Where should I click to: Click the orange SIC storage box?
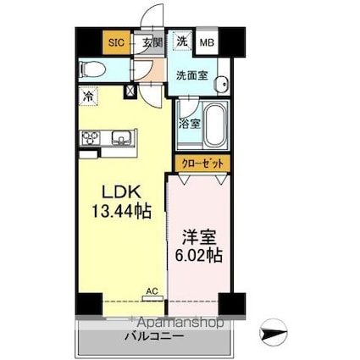[117, 42]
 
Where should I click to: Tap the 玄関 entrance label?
[152, 42]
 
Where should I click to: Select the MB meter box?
[207, 42]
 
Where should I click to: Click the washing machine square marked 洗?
[182, 41]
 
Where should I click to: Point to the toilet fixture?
[92, 69]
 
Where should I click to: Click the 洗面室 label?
[192, 75]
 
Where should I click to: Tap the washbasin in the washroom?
[221, 84]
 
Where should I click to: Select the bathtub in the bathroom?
[216, 125]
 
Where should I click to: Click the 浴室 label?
[190, 124]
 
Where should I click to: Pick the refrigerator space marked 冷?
[88, 97]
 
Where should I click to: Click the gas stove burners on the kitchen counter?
[91, 138]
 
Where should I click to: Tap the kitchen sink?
[122, 138]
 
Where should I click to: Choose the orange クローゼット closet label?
[202, 163]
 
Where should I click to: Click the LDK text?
[121, 192]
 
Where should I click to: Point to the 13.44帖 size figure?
[121, 211]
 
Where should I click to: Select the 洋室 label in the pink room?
[199, 237]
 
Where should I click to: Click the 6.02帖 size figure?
[199, 255]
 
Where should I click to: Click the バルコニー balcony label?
[155, 336]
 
